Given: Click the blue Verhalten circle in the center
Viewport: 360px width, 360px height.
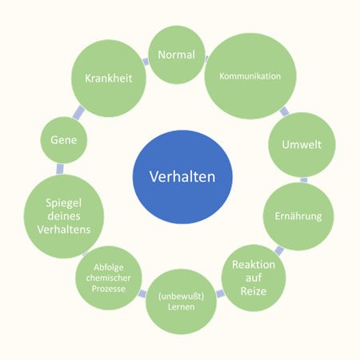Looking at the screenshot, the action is pyautogui.click(x=182, y=177).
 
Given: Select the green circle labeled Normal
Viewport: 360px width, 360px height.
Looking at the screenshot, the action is pyautogui.click(x=177, y=54).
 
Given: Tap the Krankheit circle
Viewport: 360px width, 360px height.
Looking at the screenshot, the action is pyautogui.click(x=109, y=78).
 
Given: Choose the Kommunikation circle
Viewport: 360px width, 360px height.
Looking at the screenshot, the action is pyautogui.click(x=250, y=76).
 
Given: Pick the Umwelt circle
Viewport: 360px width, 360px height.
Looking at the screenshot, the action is pyautogui.click(x=302, y=145).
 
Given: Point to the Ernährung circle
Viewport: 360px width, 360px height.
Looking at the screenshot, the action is pyautogui.click(x=298, y=216).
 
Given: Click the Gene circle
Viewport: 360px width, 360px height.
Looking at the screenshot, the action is pyautogui.click(x=64, y=140).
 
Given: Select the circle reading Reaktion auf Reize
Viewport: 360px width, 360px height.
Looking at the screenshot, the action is pyautogui.click(x=254, y=278).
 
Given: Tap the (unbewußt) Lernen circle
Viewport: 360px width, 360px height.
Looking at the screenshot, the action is pyautogui.click(x=181, y=302).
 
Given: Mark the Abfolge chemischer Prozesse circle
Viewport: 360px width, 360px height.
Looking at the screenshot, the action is pyautogui.click(x=109, y=278).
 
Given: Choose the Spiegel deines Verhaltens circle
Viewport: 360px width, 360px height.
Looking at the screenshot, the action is pyautogui.click(x=64, y=216).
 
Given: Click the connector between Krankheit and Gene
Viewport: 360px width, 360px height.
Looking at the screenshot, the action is pyautogui.click(x=78, y=113).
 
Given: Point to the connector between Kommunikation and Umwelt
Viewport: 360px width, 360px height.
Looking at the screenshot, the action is pyautogui.click(x=284, y=112).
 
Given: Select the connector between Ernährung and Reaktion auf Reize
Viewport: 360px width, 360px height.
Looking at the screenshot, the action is pyautogui.click(x=279, y=250).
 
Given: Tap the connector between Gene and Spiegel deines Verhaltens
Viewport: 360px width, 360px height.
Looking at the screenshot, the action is pyautogui.click(x=60, y=169).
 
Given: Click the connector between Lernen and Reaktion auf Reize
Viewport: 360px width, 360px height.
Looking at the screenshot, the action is pyautogui.click(x=220, y=294).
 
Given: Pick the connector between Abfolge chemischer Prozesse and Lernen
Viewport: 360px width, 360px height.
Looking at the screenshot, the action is pyautogui.click(x=142, y=294).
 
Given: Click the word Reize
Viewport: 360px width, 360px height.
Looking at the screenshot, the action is pyautogui.click(x=254, y=291).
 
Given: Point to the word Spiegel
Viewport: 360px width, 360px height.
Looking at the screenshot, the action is pyautogui.click(x=64, y=203).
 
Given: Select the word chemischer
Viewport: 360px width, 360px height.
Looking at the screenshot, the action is pyautogui.click(x=109, y=278).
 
